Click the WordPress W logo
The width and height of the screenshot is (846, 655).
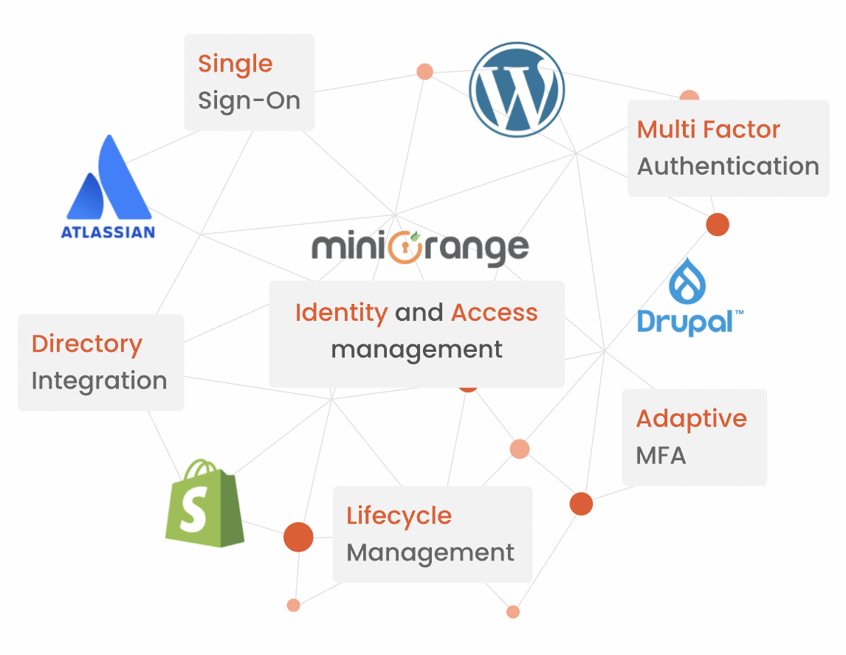click(517, 89)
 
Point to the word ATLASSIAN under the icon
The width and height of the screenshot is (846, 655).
click(108, 232)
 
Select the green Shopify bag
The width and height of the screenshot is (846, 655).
click(203, 504)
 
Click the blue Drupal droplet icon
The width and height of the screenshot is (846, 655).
click(687, 280)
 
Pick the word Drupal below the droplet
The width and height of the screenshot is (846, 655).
click(685, 322)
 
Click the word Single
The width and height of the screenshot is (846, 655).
click(235, 64)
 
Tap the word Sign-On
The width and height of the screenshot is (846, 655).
click(249, 100)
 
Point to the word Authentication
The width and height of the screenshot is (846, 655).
click(728, 167)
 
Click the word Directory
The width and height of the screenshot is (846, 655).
click(87, 344)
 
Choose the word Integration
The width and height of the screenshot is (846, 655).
click(99, 381)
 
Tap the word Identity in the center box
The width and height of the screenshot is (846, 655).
click(341, 313)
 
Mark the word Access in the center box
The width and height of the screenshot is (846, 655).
click(494, 313)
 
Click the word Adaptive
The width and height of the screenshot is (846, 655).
click(691, 419)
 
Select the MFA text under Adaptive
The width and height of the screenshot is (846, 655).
click(661, 456)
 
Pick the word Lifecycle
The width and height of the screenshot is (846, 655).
click(399, 516)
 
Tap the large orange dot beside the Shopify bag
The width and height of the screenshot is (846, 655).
click(298, 537)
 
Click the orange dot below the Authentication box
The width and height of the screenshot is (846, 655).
click(717, 224)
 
